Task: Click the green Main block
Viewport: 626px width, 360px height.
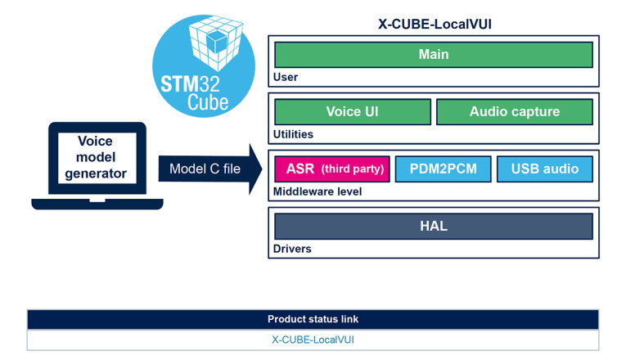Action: coord(433,55)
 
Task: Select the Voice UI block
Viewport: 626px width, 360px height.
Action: coord(352,112)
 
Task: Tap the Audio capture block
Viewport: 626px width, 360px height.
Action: coord(514,112)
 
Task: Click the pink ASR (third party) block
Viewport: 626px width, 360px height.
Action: coord(331,169)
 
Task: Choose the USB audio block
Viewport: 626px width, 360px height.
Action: coord(544,169)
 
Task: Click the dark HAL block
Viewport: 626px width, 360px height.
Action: coord(433,226)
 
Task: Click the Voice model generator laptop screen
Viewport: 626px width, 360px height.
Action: coord(96,157)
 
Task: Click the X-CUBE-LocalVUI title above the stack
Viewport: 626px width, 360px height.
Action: coord(434,24)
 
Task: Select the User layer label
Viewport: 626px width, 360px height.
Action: coord(286,78)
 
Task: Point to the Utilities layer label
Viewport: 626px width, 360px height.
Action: coord(293,134)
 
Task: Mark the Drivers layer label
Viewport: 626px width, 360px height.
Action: coord(291,248)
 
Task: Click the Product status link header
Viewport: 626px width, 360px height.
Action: coord(313,319)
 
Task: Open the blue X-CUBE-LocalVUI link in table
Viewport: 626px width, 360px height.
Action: coord(313,340)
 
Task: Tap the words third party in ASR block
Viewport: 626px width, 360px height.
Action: coord(353,170)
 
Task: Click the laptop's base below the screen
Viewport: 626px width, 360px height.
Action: coord(97,201)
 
